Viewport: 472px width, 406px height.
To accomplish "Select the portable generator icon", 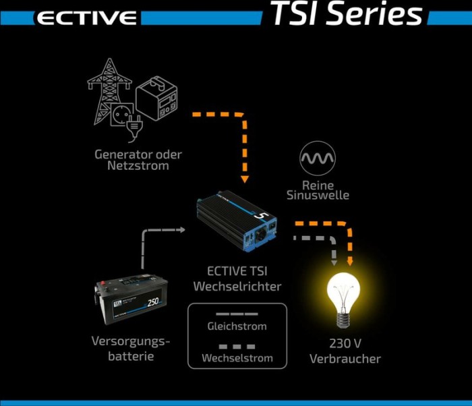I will click(156, 98).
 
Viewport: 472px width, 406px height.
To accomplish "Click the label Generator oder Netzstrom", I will click(138, 160).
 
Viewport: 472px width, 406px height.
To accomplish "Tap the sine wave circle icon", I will click(317, 159).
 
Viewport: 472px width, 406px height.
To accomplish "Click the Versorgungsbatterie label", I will click(130, 349).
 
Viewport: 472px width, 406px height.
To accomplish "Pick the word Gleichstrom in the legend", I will click(237, 326).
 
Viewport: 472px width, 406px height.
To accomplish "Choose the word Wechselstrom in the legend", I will click(237, 357).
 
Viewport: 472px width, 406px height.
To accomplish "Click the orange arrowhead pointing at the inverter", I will click(245, 179).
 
